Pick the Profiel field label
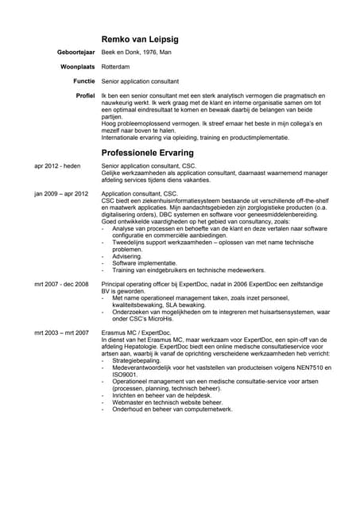tap(85, 95)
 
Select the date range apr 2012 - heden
tap(57, 166)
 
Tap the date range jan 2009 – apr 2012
tap(61, 193)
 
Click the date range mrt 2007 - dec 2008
tap(61, 283)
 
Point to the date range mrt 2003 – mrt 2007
tap(61, 332)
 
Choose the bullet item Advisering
tap(128, 256)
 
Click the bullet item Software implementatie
tap(145, 263)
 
